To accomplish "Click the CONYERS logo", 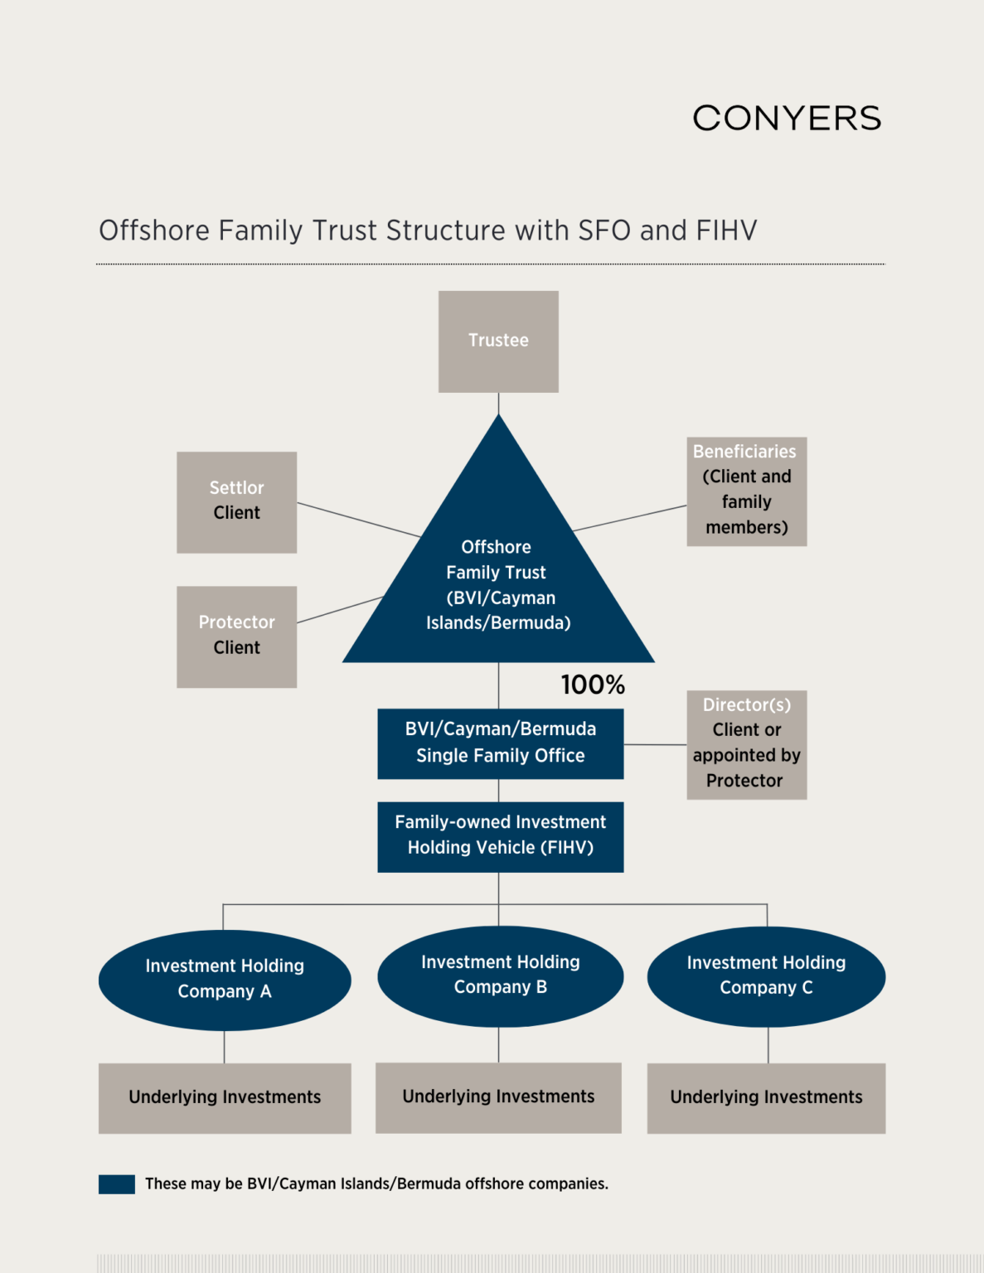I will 787,119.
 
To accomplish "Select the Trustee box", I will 498,341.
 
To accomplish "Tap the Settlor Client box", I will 236,502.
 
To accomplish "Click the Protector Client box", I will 236,636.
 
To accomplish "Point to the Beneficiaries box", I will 746,491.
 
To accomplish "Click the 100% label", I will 593,685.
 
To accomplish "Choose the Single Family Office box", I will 500,743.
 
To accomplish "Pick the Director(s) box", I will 746,744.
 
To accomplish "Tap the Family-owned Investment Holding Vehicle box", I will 500,836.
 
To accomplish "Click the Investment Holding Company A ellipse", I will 225,980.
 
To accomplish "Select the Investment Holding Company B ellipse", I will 500,975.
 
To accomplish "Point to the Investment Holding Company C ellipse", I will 766,976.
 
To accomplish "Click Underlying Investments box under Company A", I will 225,1097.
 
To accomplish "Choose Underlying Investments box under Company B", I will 498,1097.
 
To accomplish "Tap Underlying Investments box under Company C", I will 766,1097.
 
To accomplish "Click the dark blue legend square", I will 116,1183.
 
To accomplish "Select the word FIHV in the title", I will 726,230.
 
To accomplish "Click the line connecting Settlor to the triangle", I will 358,519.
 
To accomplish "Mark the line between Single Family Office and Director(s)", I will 655,744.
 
